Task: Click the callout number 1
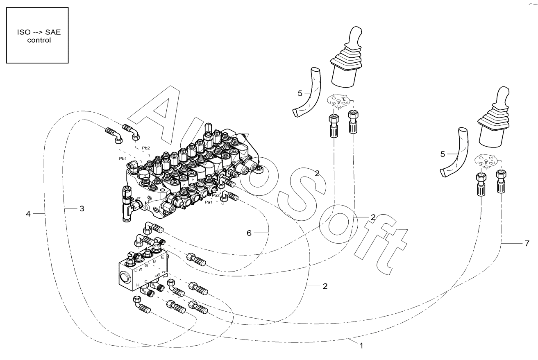[361, 345]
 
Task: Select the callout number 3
[82, 208]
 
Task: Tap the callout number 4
[28, 213]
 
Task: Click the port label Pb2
[145, 148]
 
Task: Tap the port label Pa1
[209, 202]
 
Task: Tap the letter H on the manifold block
[138, 285]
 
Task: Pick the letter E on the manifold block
[163, 257]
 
